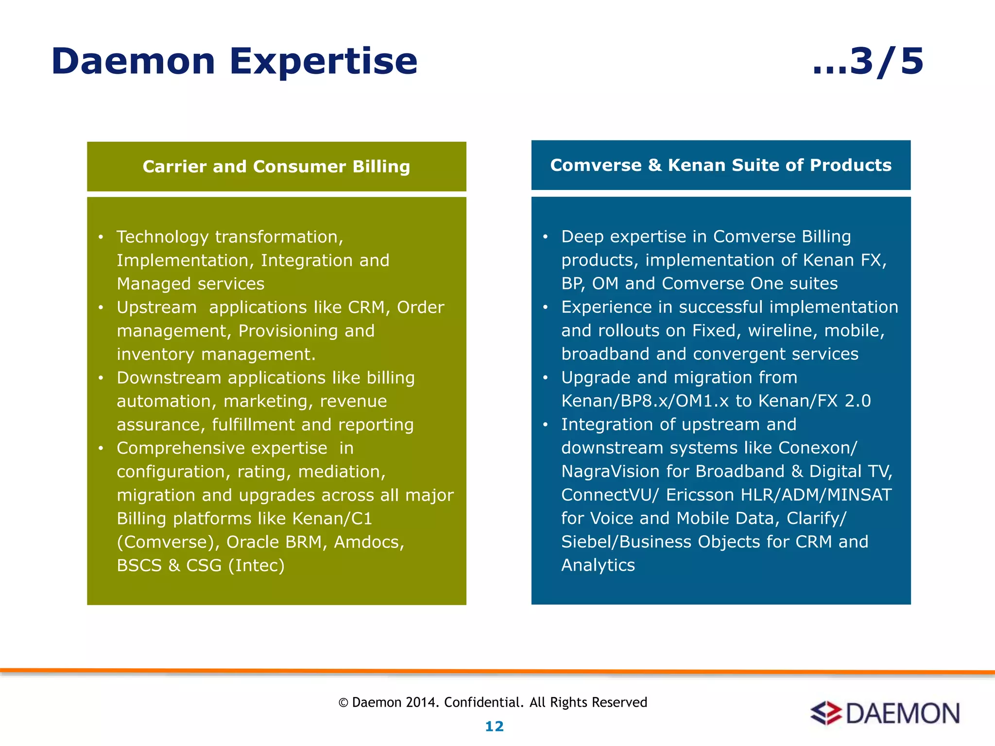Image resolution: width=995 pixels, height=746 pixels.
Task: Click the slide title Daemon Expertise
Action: (x=234, y=62)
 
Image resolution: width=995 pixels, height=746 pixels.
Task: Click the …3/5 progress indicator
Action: (x=868, y=62)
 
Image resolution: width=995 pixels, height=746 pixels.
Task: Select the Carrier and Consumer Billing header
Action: (x=276, y=167)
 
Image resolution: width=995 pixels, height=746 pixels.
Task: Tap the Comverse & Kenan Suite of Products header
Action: (x=721, y=165)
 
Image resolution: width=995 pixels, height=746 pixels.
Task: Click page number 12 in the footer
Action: (x=494, y=726)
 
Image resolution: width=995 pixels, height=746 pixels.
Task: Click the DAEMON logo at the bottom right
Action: (x=885, y=713)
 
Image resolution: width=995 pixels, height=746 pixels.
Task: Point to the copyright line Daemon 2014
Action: (x=493, y=702)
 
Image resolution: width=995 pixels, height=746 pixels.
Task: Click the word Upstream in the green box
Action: (x=156, y=307)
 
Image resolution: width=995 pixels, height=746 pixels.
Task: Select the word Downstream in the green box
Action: (x=169, y=378)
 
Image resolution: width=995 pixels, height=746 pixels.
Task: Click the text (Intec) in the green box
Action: (x=256, y=565)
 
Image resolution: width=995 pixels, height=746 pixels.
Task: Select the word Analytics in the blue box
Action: (x=598, y=565)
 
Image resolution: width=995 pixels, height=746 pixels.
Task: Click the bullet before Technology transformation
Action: (x=101, y=237)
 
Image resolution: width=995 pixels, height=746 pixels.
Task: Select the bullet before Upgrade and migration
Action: (x=545, y=377)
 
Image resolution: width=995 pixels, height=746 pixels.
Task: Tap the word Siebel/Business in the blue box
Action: (x=626, y=542)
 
